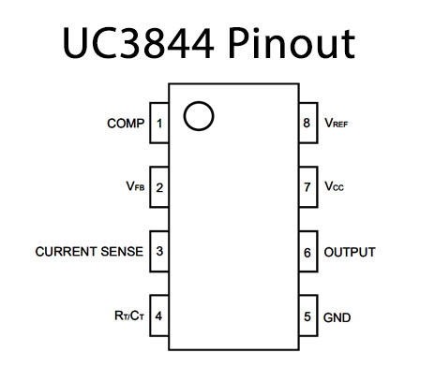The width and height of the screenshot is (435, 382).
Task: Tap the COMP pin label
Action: tap(126, 124)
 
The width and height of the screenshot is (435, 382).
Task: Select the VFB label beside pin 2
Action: tap(135, 186)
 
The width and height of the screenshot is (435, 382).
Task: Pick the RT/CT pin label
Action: tap(129, 316)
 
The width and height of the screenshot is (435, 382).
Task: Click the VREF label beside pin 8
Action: tap(337, 123)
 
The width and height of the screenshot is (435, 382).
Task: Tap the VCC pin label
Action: tap(334, 186)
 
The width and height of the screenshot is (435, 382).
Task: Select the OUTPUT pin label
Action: tap(350, 252)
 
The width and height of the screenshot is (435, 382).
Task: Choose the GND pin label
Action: tap(337, 317)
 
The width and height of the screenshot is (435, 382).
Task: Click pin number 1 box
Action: tap(159, 123)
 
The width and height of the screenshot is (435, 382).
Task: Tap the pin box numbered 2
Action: tap(159, 187)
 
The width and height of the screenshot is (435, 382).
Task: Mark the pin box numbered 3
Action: tap(159, 251)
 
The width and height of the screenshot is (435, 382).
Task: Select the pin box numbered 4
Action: tap(159, 316)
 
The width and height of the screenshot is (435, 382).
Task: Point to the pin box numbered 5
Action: tap(308, 316)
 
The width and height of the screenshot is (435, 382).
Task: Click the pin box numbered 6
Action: tap(308, 251)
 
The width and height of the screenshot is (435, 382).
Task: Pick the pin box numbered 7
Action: tap(308, 187)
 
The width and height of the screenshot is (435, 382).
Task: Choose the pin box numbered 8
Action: tap(308, 123)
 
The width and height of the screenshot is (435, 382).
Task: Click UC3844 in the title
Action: tap(138, 43)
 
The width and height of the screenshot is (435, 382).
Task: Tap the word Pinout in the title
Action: tap(292, 43)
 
